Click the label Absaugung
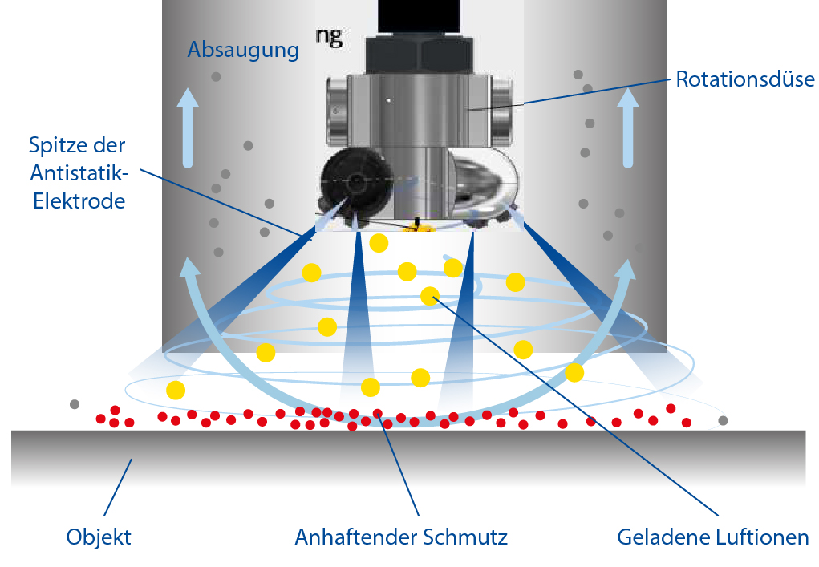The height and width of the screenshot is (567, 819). pyautogui.click(x=243, y=51)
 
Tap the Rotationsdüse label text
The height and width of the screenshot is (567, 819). pyautogui.click(x=745, y=79)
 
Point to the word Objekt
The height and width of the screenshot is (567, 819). pyautogui.click(x=99, y=537)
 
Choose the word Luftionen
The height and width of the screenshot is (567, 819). pyautogui.click(x=761, y=537)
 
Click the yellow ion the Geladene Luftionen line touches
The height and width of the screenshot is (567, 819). pyautogui.click(x=430, y=295)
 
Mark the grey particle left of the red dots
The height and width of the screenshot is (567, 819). pyautogui.click(x=75, y=403)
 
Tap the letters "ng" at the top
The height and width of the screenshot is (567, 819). pyautogui.click(x=328, y=35)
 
